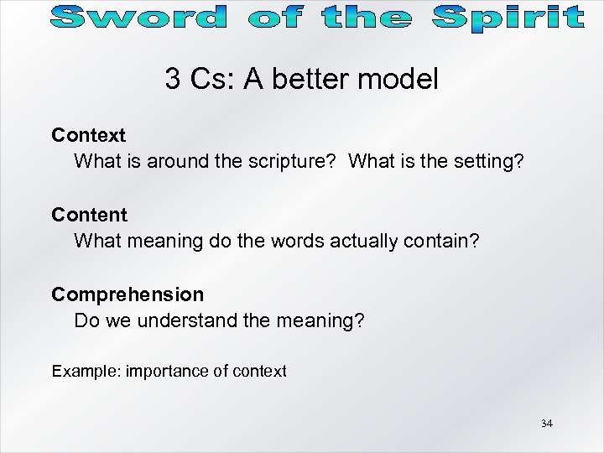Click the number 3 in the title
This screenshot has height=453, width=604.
[173, 80]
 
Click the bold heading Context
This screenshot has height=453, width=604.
[88, 135]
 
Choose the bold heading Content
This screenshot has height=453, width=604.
[89, 215]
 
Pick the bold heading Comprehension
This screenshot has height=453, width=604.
[128, 294]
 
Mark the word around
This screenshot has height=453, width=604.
[179, 161]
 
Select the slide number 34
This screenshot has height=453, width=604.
[547, 424]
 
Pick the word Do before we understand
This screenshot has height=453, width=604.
[86, 320]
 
